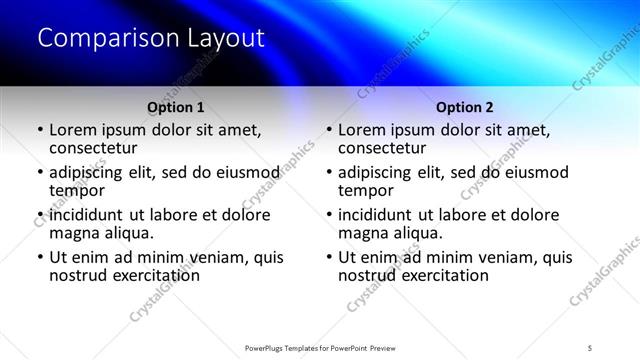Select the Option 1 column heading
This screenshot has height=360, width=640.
[x=176, y=107]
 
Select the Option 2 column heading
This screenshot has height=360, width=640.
[x=465, y=107]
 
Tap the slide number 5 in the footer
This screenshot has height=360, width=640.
[x=591, y=347]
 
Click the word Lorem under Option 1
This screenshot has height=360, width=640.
[x=73, y=130]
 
